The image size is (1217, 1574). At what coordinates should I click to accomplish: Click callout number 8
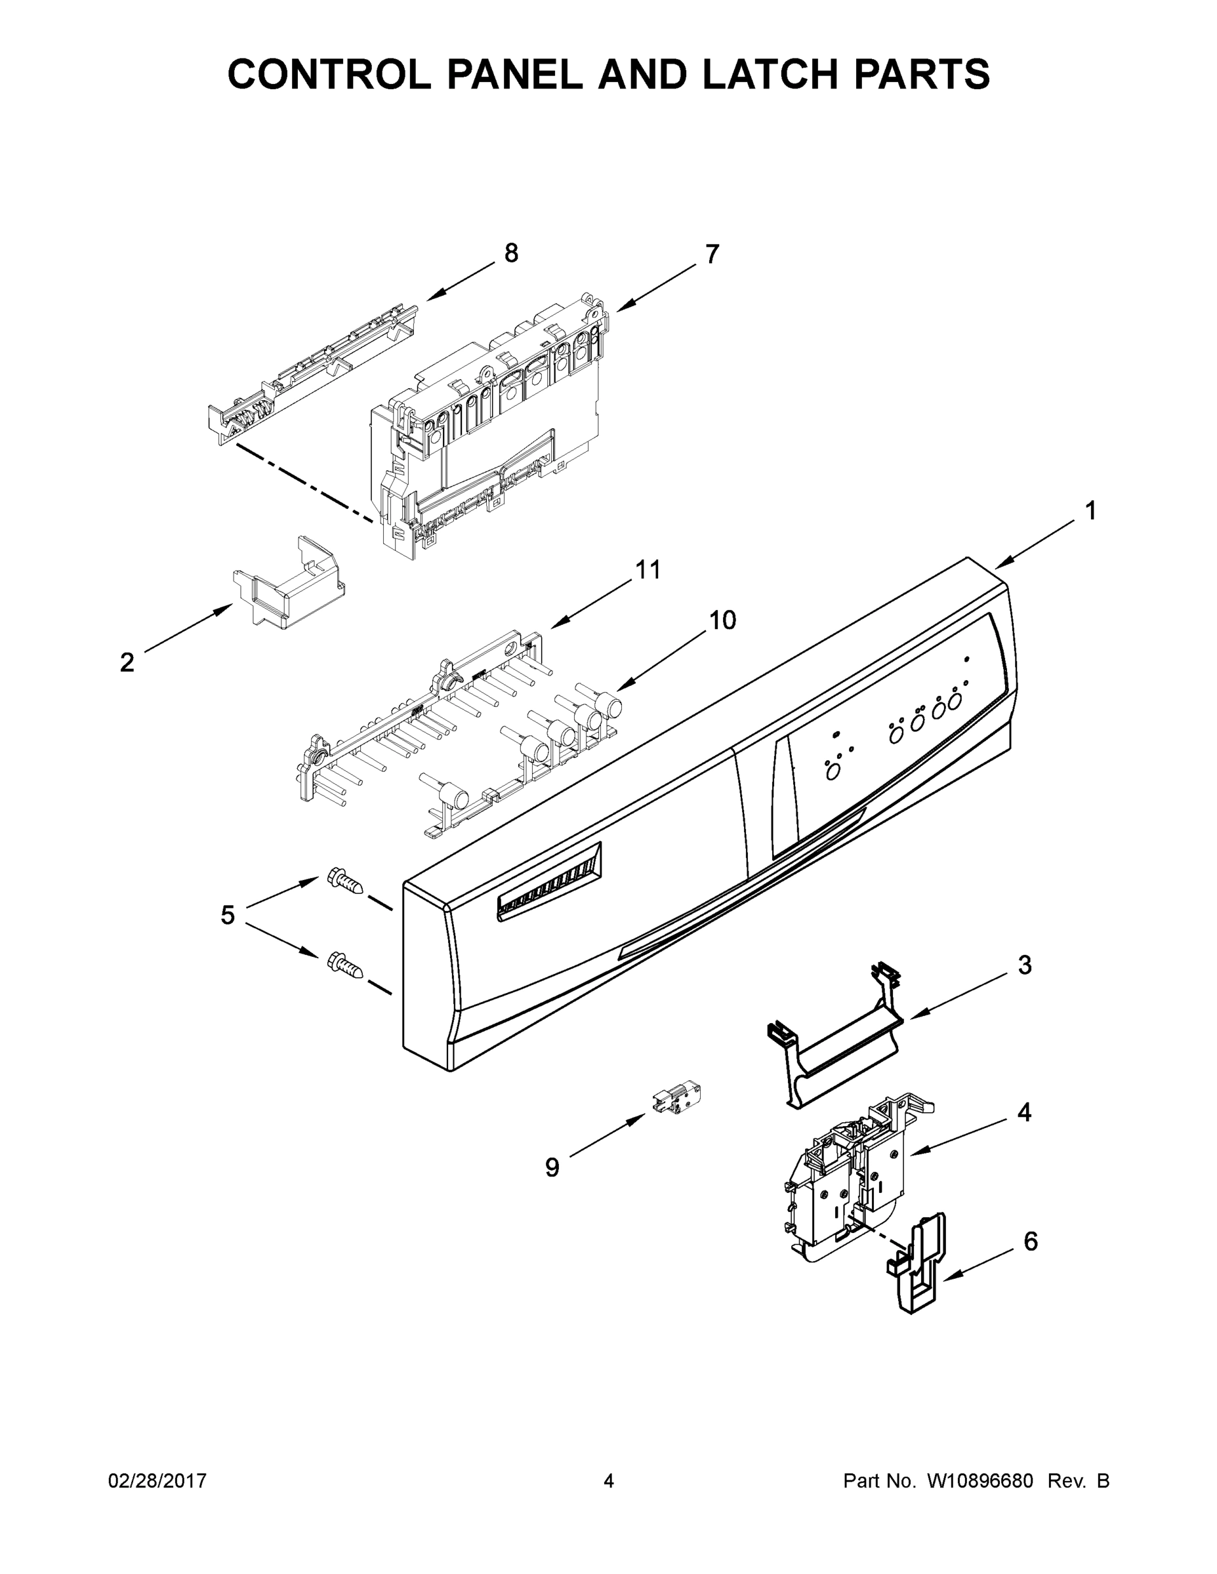[x=510, y=254]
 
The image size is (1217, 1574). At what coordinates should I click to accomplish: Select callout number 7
[x=712, y=254]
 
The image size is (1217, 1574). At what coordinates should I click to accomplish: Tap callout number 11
[x=648, y=569]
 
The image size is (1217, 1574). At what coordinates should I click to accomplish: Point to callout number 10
[x=722, y=620]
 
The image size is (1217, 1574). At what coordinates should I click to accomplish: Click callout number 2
[x=127, y=662]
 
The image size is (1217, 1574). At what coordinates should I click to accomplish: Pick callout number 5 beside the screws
[x=227, y=916]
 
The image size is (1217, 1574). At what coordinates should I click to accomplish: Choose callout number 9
[x=552, y=1167]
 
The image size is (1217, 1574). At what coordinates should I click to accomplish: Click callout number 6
[x=1030, y=1241]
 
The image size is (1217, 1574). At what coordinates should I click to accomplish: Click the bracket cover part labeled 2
[x=289, y=584]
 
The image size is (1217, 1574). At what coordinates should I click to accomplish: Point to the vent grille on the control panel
[x=549, y=882]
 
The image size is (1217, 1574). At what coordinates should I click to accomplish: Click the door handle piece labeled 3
[x=836, y=1053]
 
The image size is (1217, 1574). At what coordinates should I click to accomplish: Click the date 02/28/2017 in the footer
[x=157, y=1481]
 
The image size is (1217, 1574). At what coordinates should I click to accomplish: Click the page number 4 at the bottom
[x=609, y=1481]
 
